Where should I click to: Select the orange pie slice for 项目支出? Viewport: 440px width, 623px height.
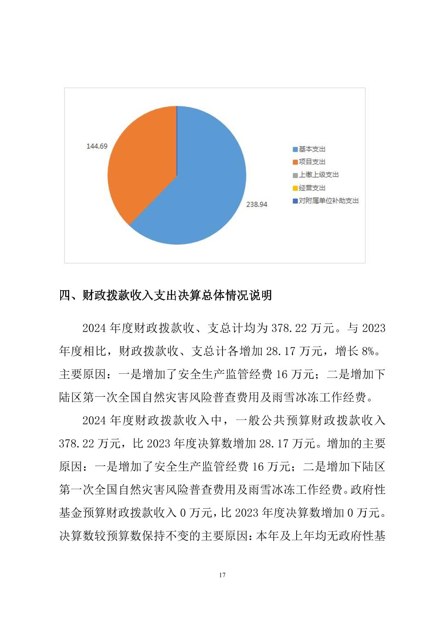coord(143,164)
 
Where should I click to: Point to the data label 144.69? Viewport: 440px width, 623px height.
coord(97,146)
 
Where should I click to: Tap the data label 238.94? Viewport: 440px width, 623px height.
coord(256,204)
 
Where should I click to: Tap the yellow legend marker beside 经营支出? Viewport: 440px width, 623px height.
coord(295,188)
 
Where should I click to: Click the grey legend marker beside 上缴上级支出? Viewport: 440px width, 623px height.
coord(295,175)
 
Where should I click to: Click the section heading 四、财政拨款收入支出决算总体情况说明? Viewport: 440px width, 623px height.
coord(166,295)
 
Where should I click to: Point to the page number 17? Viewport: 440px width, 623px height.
coord(222,575)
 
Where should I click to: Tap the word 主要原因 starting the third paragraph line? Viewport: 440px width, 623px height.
coord(82,374)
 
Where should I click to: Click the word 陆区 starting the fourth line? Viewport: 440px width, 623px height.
coord(70,397)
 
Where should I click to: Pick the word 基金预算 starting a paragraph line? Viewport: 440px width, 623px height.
coord(82,513)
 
